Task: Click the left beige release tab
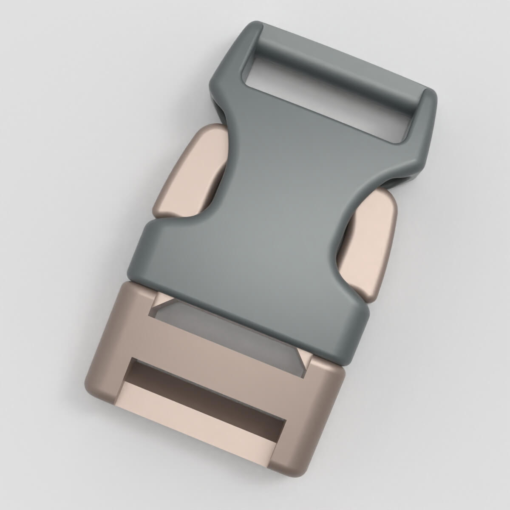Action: (187, 170)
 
